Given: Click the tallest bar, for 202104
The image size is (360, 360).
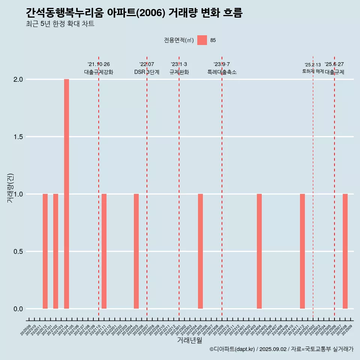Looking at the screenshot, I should pos(66,194).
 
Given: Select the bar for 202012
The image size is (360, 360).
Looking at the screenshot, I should pos(45,251).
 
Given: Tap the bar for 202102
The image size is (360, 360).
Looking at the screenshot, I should pos(55,251).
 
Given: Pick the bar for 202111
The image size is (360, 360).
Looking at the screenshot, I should pos(104,251).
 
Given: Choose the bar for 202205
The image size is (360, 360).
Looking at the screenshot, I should pos(136,251).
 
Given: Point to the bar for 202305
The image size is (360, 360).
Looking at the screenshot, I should pos(200,251).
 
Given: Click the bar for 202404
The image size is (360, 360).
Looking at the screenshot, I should pos(259,251).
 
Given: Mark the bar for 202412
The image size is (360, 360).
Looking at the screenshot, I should pos(302,251).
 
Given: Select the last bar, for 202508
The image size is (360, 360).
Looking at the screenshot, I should pos(345,251).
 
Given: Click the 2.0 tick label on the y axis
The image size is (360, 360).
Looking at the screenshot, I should pos(19,79).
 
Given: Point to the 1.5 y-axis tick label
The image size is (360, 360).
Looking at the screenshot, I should pos(19,137).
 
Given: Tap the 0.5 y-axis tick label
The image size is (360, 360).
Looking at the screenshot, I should pos(19,252).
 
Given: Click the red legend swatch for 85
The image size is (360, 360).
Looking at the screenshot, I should pos(202,40).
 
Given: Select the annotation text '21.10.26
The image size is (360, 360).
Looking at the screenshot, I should pos(99,64).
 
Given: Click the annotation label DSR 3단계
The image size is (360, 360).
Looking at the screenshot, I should pos(147,72).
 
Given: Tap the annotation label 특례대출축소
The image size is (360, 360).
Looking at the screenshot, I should pos(222,72).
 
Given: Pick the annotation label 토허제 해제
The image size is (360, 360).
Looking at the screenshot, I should pos(313,71).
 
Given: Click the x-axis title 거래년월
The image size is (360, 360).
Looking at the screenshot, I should pos(189,340).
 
